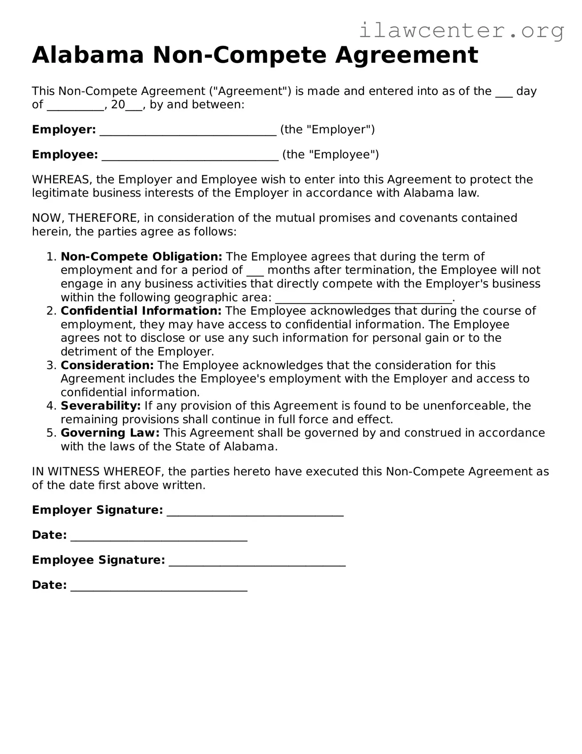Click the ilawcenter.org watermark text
point(461,31)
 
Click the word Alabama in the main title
point(88,55)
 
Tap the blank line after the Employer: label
point(188,131)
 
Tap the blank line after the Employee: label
point(190,156)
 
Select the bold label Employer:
point(64,130)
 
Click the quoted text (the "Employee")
point(330,155)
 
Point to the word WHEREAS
point(62,180)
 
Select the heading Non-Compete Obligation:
point(141,257)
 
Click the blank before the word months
point(255,271)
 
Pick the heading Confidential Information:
point(141,311)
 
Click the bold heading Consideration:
point(107,365)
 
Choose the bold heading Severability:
point(101,406)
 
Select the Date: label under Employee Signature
point(49,585)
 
